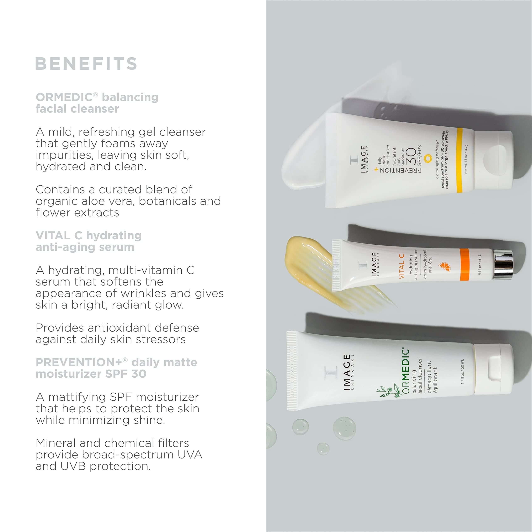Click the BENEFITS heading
point(86,64)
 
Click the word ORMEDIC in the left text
point(64,97)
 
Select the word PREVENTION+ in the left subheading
point(79,362)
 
